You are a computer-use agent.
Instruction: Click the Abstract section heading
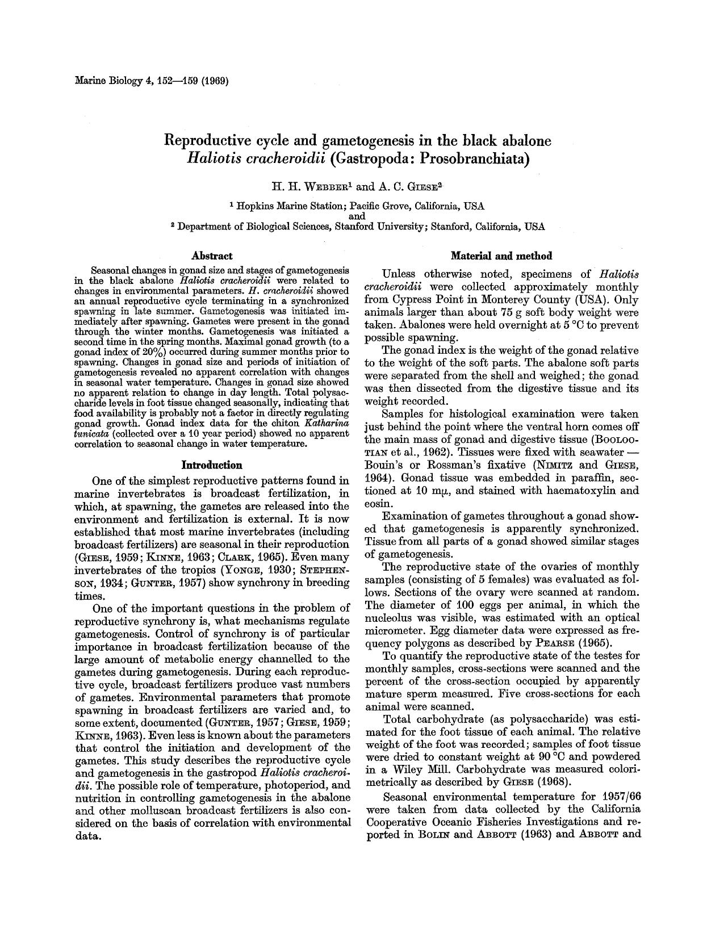click(212, 256)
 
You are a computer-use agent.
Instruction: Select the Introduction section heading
click(211, 465)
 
